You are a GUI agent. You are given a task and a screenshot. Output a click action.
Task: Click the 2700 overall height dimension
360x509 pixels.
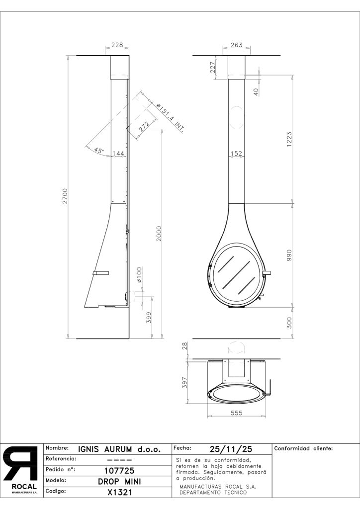(x=65, y=196)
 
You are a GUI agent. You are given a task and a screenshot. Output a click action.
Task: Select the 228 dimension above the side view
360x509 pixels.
(x=117, y=45)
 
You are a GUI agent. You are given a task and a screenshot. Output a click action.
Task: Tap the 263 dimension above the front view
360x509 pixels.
(x=236, y=45)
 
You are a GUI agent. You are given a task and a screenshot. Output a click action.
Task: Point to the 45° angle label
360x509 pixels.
(x=98, y=150)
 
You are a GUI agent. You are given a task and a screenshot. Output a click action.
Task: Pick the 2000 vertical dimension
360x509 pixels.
(x=159, y=234)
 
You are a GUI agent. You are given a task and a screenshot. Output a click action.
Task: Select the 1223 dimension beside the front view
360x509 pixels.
(x=289, y=139)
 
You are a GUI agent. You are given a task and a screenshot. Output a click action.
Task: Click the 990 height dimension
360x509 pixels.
(x=289, y=255)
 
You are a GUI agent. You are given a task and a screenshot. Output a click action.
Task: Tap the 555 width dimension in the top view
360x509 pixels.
(x=236, y=413)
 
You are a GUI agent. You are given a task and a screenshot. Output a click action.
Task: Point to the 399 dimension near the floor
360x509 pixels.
(x=149, y=317)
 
